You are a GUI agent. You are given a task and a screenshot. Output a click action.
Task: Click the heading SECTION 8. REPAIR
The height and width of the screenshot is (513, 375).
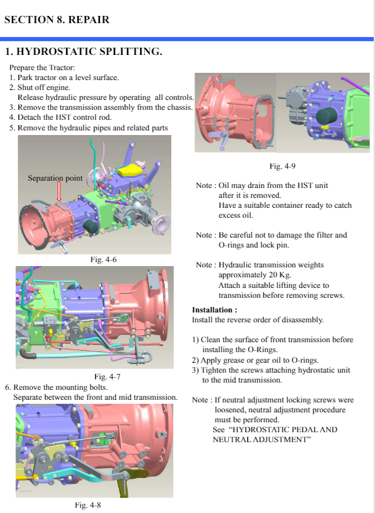[x=57, y=20]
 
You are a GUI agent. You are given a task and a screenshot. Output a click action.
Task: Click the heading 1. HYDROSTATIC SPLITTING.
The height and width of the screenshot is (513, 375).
[x=83, y=52]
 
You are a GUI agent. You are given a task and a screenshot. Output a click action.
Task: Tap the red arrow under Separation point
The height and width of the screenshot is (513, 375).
[x=59, y=192]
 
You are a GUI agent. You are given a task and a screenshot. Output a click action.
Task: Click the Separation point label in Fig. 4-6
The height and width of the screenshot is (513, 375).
[x=56, y=178]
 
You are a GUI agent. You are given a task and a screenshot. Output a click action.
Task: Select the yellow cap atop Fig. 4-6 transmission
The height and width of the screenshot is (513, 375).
[x=130, y=171]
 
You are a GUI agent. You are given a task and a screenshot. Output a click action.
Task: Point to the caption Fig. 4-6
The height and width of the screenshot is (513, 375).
[x=103, y=259]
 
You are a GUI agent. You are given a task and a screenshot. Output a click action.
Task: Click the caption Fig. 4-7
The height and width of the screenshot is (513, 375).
[x=107, y=377]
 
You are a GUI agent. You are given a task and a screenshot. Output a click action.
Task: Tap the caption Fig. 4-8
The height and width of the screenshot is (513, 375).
[x=87, y=505]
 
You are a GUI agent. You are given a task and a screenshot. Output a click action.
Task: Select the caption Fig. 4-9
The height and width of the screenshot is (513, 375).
[x=282, y=166]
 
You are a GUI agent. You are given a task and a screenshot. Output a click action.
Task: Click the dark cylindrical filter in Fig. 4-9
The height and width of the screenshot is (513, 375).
[x=327, y=117]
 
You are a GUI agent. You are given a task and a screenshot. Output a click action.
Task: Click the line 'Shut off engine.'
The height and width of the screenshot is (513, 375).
[x=44, y=87]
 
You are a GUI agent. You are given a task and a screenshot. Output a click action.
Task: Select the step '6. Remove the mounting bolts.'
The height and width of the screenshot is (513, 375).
[x=56, y=387]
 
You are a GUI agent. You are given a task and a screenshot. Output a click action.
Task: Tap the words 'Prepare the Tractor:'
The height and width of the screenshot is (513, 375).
[x=42, y=68]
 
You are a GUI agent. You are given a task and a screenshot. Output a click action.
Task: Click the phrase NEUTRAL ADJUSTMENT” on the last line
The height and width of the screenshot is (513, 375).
[x=262, y=440]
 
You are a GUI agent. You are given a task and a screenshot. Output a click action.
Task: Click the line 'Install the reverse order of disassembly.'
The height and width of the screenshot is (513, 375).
[x=258, y=320]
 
